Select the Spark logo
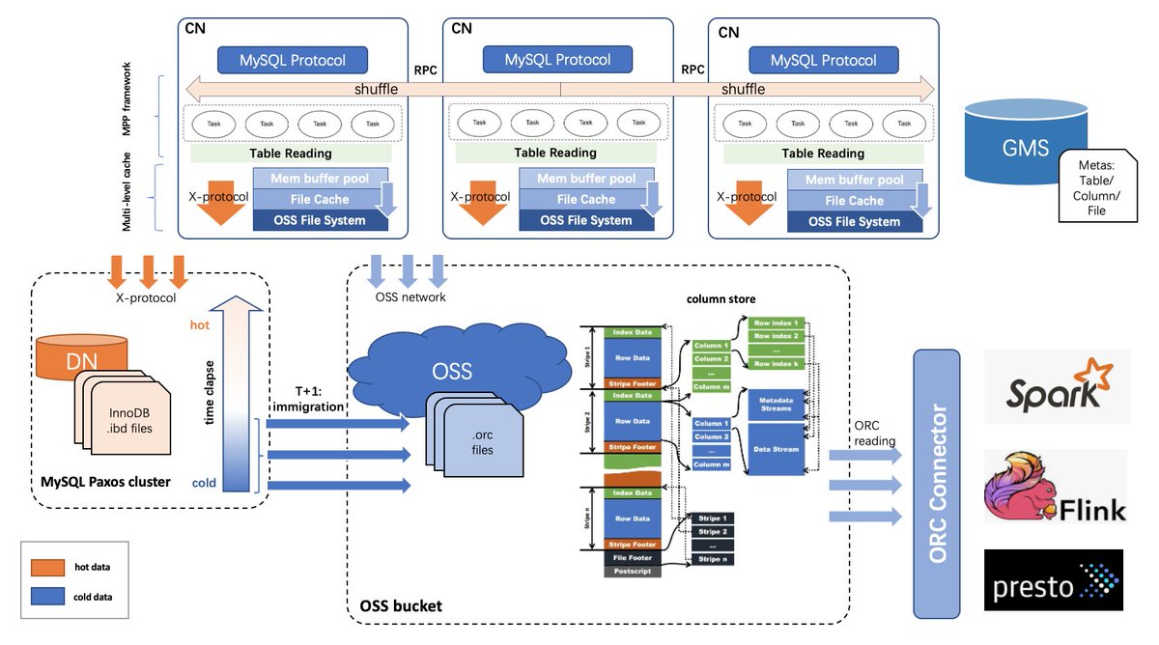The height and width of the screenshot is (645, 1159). click(x=1056, y=386)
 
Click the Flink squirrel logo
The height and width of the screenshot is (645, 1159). click(x=1056, y=488)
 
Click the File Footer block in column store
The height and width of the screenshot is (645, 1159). click(x=633, y=557)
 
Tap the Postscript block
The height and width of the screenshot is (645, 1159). click(x=633, y=571)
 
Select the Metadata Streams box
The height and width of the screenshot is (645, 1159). click(x=776, y=404)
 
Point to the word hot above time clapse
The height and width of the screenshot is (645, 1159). click(x=200, y=325)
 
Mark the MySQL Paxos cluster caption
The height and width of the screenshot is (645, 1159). click(x=107, y=483)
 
